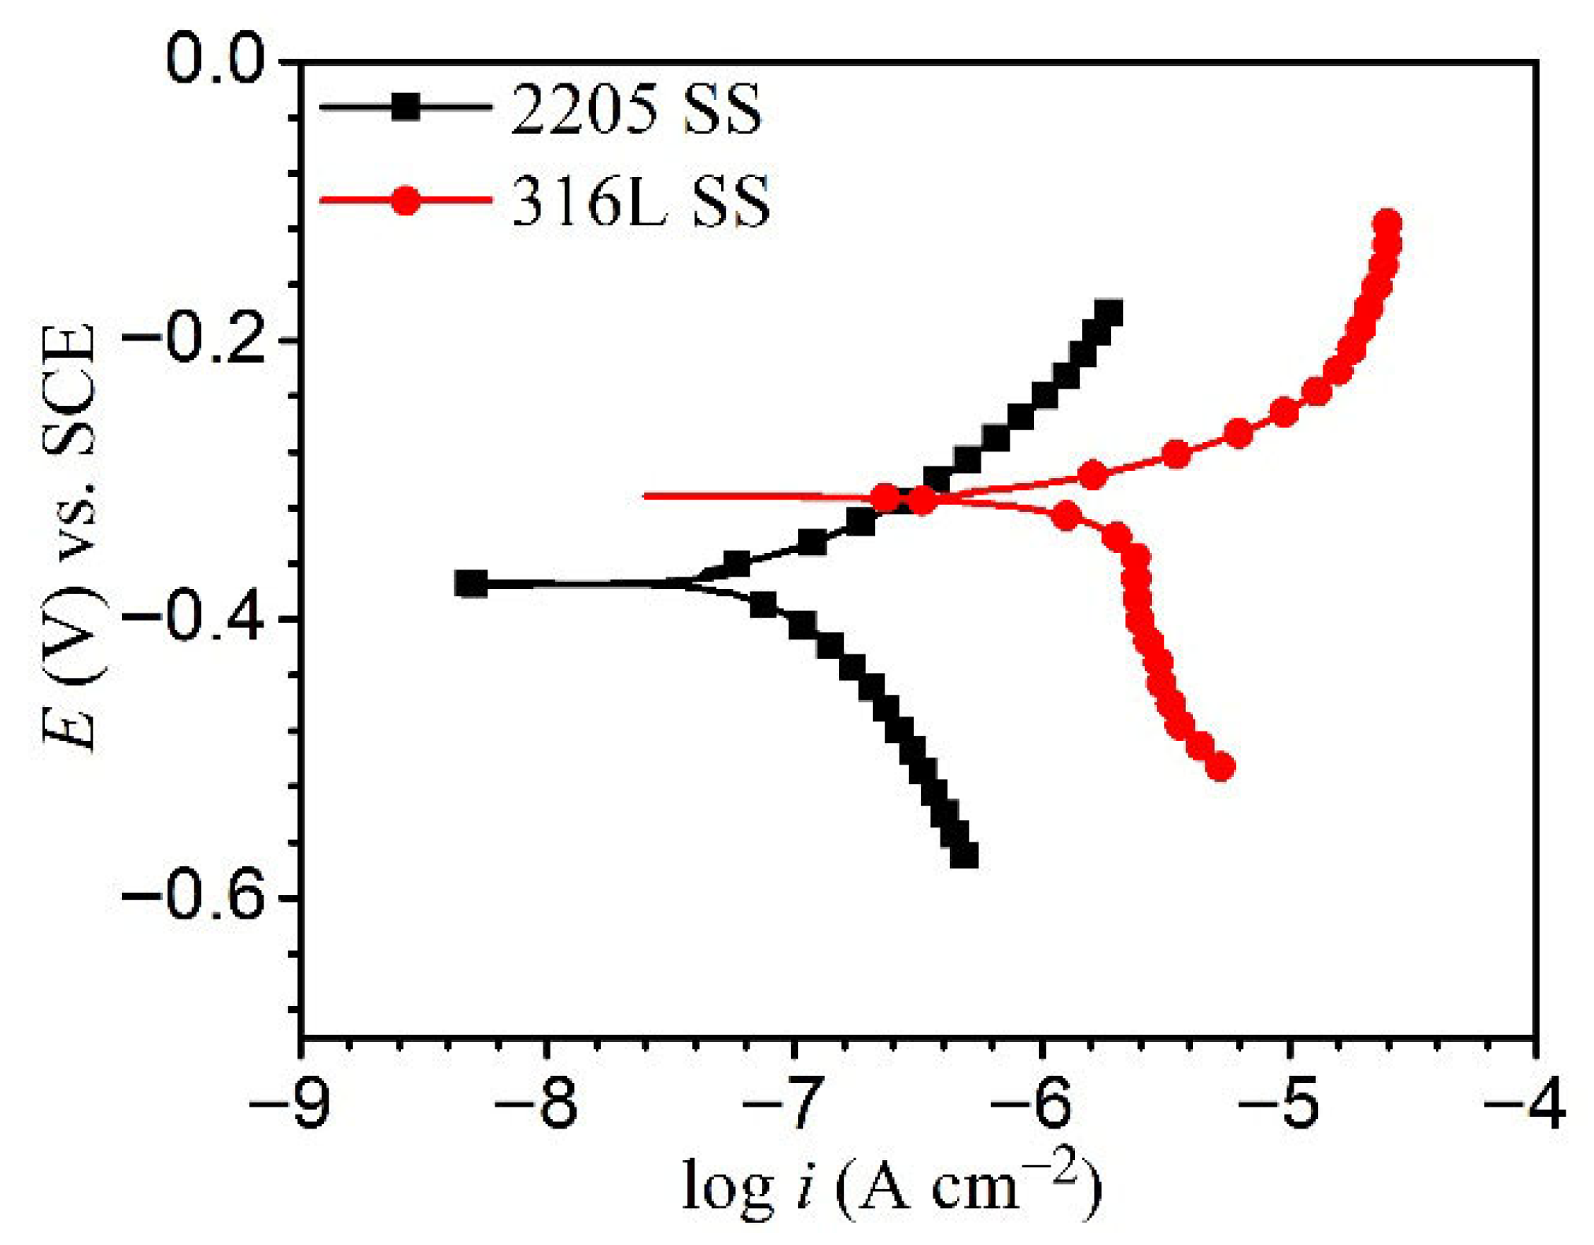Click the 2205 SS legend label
point(635,109)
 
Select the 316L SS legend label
point(641,202)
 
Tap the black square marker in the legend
point(406,106)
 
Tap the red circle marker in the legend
point(406,201)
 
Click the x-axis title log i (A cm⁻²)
point(892,1187)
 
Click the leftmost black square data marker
point(471,584)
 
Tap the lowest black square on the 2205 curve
point(964,854)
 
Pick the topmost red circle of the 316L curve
point(1387,223)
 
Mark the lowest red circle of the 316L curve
point(1220,765)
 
